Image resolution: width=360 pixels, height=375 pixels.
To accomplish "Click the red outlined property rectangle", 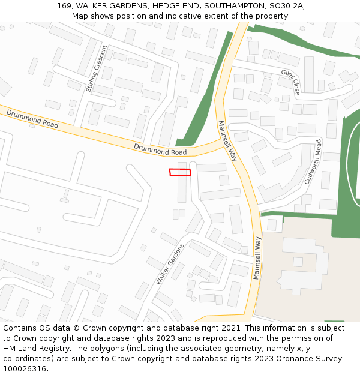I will point(180,172).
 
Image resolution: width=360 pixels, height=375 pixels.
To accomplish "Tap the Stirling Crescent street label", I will point(97,69).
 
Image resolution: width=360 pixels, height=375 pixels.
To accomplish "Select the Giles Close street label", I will point(290,82).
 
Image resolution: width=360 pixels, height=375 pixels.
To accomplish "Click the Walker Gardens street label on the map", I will point(169,264).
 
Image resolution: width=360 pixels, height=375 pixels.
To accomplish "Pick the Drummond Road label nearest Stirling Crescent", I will point(32,118).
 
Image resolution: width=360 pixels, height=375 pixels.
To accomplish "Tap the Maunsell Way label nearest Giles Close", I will point(228,141).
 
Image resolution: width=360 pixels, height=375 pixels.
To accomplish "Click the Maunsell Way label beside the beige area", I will point(257,258).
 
